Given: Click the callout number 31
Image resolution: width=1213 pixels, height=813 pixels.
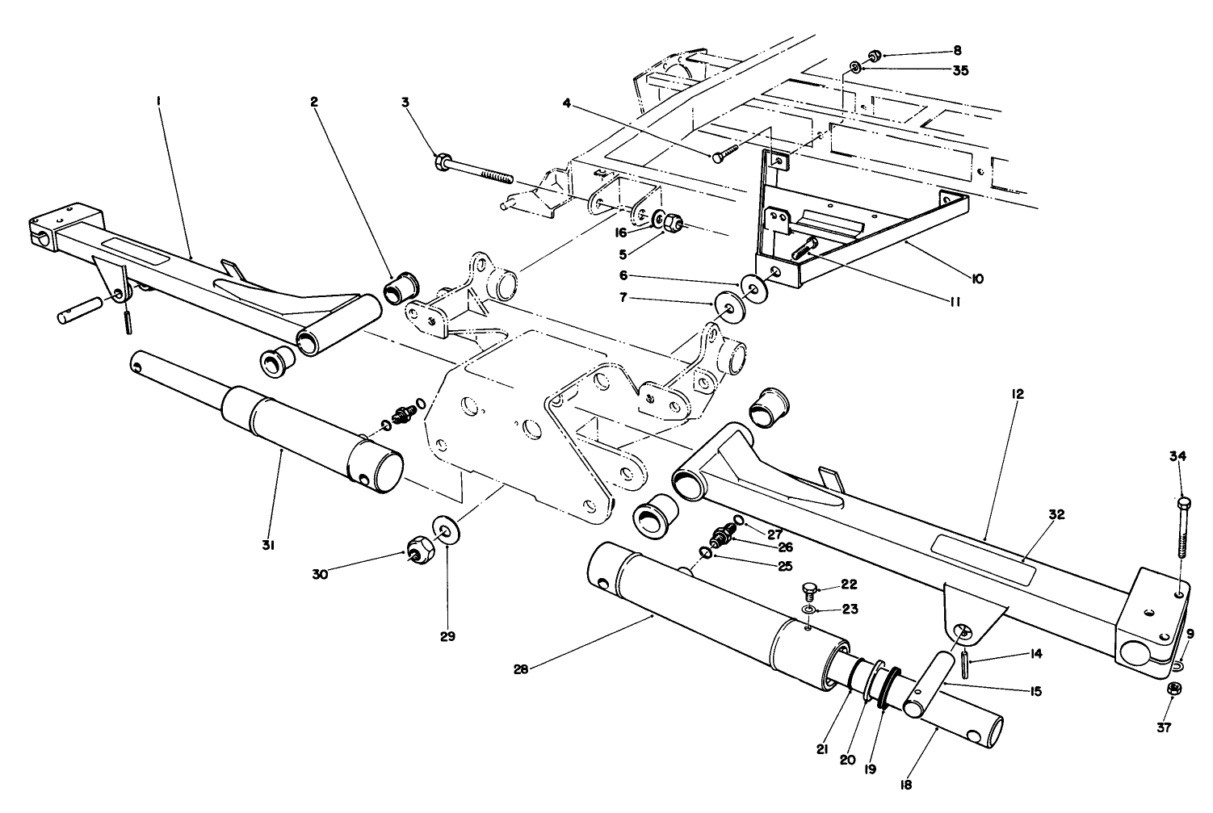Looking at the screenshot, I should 268,546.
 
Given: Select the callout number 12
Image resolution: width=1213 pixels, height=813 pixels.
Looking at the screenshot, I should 1017,394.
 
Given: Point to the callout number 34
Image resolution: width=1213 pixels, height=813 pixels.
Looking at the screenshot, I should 1177,457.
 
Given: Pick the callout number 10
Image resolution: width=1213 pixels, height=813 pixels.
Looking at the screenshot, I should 977,279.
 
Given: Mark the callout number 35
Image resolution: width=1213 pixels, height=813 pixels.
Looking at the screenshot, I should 959,70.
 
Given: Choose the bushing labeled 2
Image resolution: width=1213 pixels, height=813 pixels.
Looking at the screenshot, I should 399,287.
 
